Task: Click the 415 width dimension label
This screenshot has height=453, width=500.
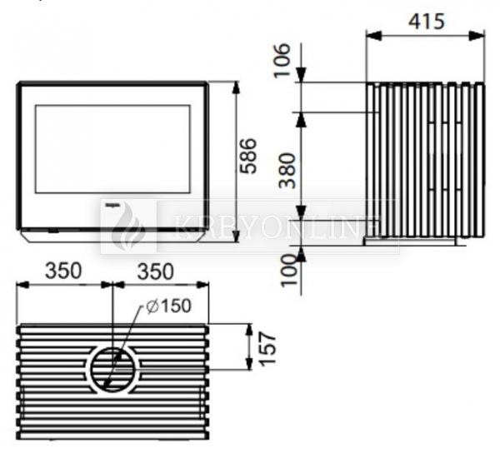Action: pyautogui.click(x=427, y=22)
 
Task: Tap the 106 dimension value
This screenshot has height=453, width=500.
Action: pyautogui.click(x=282, y=61)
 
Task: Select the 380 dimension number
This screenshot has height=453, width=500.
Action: pyautogui.click(x=287, y=171)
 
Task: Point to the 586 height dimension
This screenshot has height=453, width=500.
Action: pyautogui.click(x=248, y=156)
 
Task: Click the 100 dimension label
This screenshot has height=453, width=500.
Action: pyautogui.click(x=288, y=270)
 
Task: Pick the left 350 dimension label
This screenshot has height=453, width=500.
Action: pyautogui.click(x=63, y=271)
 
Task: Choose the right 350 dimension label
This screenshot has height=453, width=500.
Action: pyautogui.click(x=156, y=271)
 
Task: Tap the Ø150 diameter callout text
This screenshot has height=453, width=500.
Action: pyautogui.click(x=168, y=306)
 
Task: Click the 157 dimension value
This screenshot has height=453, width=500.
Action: pyautogui.click(x=267, y=349)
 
